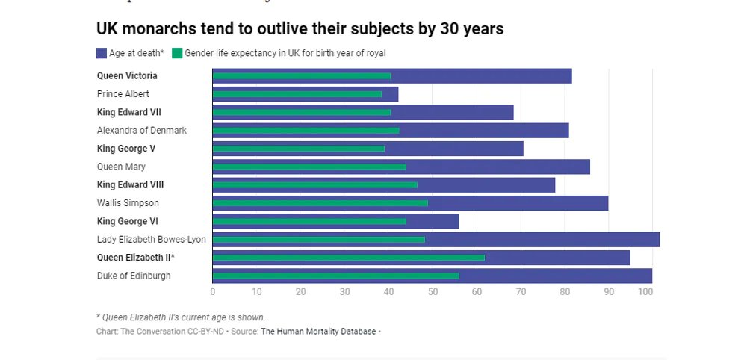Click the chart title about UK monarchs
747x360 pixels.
300,29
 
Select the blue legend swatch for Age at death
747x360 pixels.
102,53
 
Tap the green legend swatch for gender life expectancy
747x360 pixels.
177,53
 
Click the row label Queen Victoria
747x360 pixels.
127,76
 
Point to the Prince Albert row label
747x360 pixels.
123,94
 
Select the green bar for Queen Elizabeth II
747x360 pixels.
348,258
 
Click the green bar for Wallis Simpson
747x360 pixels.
320,203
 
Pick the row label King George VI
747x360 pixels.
127,221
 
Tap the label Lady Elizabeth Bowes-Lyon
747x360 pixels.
152,240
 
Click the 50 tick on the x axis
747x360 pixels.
433,292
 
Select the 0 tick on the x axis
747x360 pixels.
213,292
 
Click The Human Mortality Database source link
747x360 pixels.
318,331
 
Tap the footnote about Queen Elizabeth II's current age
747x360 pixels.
181,317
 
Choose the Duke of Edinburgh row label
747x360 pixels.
134,276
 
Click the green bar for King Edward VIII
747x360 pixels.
314,184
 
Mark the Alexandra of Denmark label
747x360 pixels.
142,131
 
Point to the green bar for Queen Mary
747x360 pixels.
309,167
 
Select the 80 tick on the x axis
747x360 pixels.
565,292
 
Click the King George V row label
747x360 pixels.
126,149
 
